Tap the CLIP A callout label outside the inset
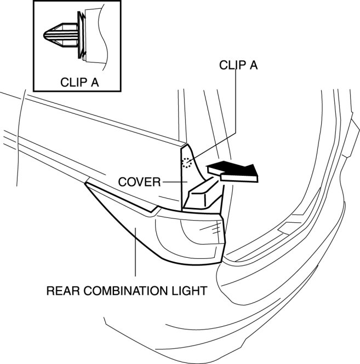[x=238, y=65]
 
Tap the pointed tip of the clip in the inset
[x=45, y=34]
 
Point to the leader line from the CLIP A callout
[x=236, y=104]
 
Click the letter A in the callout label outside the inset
[x=253, y=65]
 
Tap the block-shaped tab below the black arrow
[x=203, y=194]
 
